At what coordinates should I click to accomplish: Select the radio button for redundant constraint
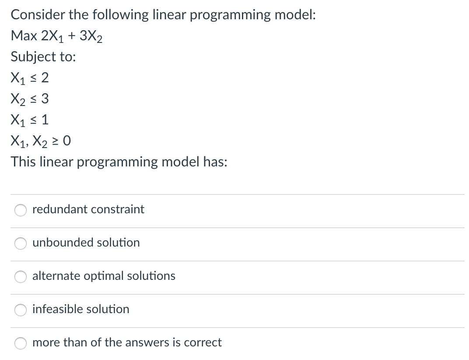pos(21,210)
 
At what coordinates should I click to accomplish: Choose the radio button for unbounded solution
pos(21,243)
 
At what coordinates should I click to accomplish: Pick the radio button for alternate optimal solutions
pos(21,276)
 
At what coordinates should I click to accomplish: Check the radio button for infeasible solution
pos(21,310)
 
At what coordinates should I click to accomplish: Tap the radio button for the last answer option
pos(21,343)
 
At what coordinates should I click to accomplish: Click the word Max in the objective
pos(24,35)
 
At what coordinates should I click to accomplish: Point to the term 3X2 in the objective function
pos(91,36)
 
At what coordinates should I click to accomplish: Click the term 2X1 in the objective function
pos(52,36)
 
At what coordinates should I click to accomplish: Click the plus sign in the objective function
pos(71,36)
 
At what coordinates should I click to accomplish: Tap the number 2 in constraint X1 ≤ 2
pos(45,78)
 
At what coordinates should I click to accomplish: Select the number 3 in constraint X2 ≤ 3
pos(45,99)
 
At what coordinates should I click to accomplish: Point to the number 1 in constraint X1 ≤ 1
pos(45,120)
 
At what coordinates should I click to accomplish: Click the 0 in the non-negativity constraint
pos(67,141)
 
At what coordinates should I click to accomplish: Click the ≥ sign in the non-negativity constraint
pos(55,141)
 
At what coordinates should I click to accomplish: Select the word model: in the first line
pos(295,14)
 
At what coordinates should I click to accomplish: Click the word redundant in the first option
pos(60,209)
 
